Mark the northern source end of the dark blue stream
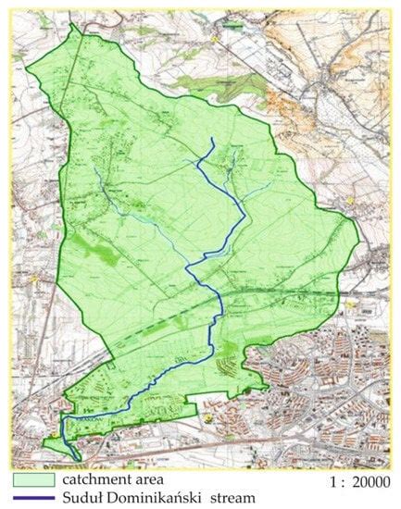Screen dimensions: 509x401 point(212,139)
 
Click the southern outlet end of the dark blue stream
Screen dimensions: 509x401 point(74,458)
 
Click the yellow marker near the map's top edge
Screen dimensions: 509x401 point(216,40)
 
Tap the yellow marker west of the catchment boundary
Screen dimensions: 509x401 point(35,277)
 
